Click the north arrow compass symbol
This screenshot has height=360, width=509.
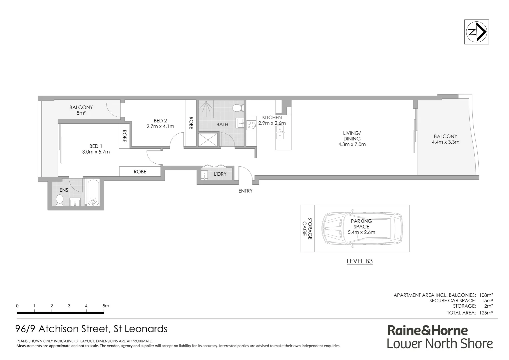click(477, 32)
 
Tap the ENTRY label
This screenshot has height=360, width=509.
click(245, 191)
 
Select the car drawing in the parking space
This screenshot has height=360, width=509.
click(362, 229)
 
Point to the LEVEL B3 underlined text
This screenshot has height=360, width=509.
click(359, 261)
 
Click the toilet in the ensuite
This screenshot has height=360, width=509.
click(60, 200)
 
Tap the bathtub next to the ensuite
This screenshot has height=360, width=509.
click(93, 193)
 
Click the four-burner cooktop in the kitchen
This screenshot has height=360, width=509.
click(251, 124)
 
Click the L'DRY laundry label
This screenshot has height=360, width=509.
click(220, 174)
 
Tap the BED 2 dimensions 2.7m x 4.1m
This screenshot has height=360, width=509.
click(160, 126)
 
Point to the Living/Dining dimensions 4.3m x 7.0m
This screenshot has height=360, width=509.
click(352, 144)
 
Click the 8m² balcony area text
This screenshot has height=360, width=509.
click(81, 113)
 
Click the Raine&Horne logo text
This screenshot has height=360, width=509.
click(427, 330)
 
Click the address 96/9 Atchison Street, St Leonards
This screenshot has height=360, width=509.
click(92, 329)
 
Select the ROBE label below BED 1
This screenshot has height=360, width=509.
click(140, 172)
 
